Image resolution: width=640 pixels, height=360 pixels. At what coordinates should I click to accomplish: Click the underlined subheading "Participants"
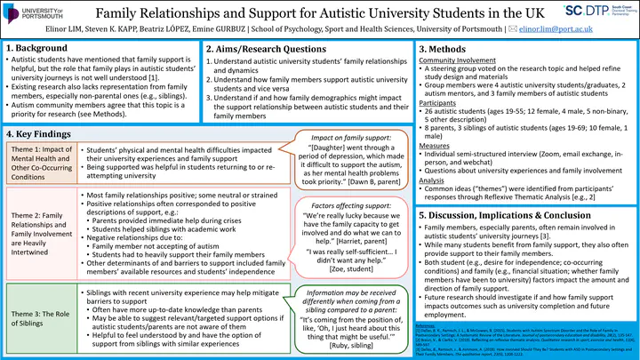[x=439, y=102]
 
